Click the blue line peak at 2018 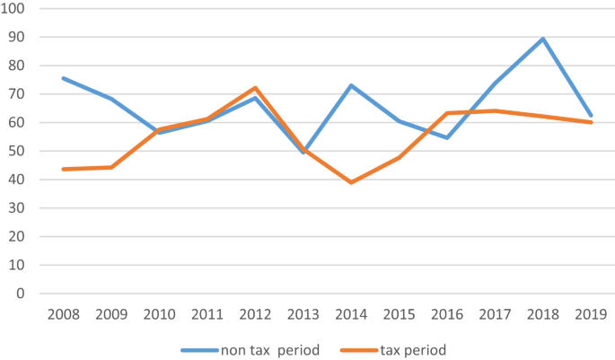(x=543, y=39)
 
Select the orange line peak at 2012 (x=255, y=88)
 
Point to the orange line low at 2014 (x=351, y=182)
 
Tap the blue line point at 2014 (x=351, y=85)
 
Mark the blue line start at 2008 (x=63, y=78)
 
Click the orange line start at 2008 (x=63, y=169)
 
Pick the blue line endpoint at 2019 (x=591, y=116)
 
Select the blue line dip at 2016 (x=447, y=137)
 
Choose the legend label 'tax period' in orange (x=414, y=349)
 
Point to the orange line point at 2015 (x=399, y=157)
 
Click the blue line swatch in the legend (x=198, y=349)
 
